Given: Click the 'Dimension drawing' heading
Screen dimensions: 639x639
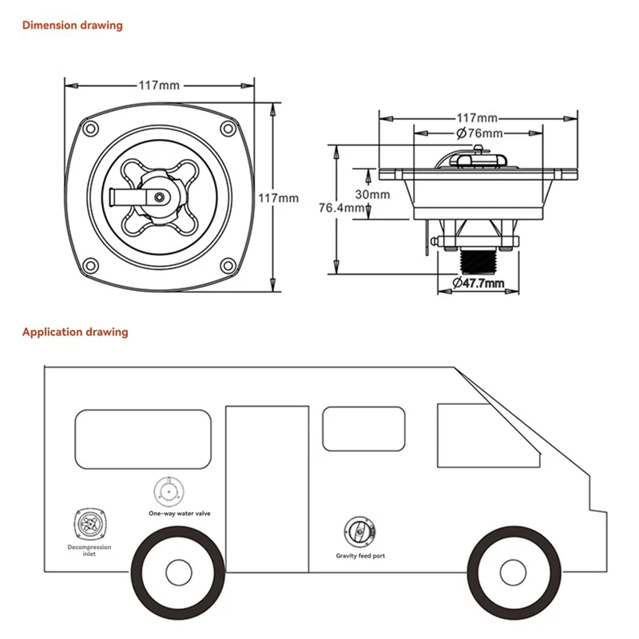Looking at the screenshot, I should [72, 26].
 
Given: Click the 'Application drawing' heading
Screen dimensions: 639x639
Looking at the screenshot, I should [75, 331].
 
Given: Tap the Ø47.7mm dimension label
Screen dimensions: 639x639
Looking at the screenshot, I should [478, 283].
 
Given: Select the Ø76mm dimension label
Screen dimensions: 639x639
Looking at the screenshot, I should [478, 133].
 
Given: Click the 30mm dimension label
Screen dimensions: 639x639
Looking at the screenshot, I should [372, 194].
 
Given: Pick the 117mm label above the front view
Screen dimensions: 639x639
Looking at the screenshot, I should [158, 85].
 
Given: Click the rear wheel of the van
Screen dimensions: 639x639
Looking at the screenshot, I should [177, 570].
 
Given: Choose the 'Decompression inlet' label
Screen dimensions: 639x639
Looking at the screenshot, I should [89, 550].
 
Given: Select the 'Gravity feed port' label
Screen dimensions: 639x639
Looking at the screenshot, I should [360, 554].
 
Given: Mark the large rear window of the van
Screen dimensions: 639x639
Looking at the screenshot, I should [144, 439].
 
